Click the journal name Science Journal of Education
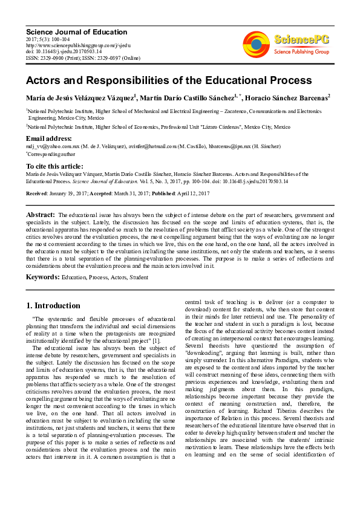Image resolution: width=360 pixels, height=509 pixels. point(76,32)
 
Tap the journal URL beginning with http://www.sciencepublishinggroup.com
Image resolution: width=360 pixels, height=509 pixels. point(78,45)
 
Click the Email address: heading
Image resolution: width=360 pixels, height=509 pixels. point(49,139)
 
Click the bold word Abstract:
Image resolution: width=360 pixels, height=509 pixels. point(41,215)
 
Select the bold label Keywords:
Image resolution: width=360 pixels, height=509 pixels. point(42,277)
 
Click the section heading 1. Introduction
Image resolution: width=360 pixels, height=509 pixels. point(53,305)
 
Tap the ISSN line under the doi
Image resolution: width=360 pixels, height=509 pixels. point(82,57)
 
